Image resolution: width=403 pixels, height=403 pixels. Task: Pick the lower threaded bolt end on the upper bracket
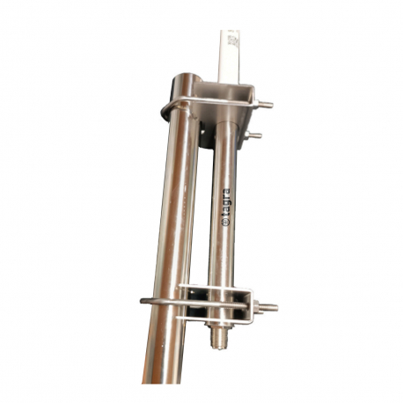coord(256,136)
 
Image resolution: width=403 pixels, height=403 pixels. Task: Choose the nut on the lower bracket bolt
coord(260,307)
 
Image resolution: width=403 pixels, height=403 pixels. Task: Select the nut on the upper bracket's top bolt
coord(258,105)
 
